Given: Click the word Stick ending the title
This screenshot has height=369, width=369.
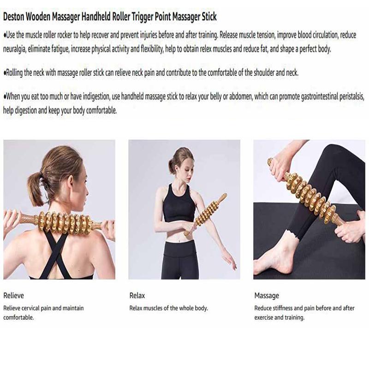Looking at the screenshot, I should click(x=206, y=17).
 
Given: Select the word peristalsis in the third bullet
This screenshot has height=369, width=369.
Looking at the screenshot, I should click(x=349, y=97).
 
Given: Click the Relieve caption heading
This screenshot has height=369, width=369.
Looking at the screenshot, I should click(x=13, y=296).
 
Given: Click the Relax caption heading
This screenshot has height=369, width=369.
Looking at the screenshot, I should click(x=137, y=296).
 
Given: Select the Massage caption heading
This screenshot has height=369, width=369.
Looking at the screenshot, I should click(x=267, y=296).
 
